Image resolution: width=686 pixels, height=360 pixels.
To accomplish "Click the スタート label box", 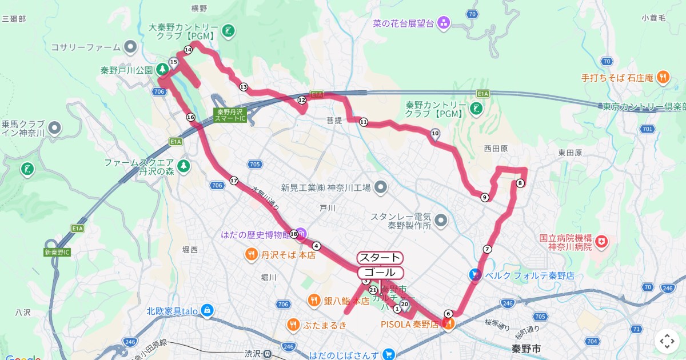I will pyautogui.click(x=380, y=258).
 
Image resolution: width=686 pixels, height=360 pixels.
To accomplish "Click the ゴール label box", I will pyautogui.click(x=380, y=273).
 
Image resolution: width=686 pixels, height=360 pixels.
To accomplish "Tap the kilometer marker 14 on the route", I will pyautogui.click(x=188, y=50).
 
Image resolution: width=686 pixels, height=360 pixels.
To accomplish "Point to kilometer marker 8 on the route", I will pyautogui.click(x=520, y=183).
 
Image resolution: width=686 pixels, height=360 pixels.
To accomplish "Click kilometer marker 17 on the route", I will pyautogui.click(x=233, y=181).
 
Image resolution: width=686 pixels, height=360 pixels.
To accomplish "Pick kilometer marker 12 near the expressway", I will pyautogui.click(x=302, y=100).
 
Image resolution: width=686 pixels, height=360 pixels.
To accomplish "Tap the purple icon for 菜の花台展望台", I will pyautogui.click(x=444, y=23).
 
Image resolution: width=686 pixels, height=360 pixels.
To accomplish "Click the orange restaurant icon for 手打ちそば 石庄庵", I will pyautogui.click(x=663, y=77).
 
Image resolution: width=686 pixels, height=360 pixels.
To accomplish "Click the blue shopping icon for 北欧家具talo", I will pyautogui.click(x=206, y=311).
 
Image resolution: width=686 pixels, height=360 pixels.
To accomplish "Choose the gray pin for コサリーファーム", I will pyautogui.click(x=131, y=47).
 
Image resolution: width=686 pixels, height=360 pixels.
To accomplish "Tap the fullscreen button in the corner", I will pyautogui.click(x=667, y=341).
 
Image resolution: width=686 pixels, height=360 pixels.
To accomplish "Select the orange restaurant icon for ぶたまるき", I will pyautogui.click(x=293, y=325).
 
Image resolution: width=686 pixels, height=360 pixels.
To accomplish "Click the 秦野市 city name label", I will pyautogui.click(x=526, y=348).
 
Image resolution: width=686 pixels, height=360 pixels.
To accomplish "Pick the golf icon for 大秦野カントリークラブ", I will pyautogui.click(x=228, y=31).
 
